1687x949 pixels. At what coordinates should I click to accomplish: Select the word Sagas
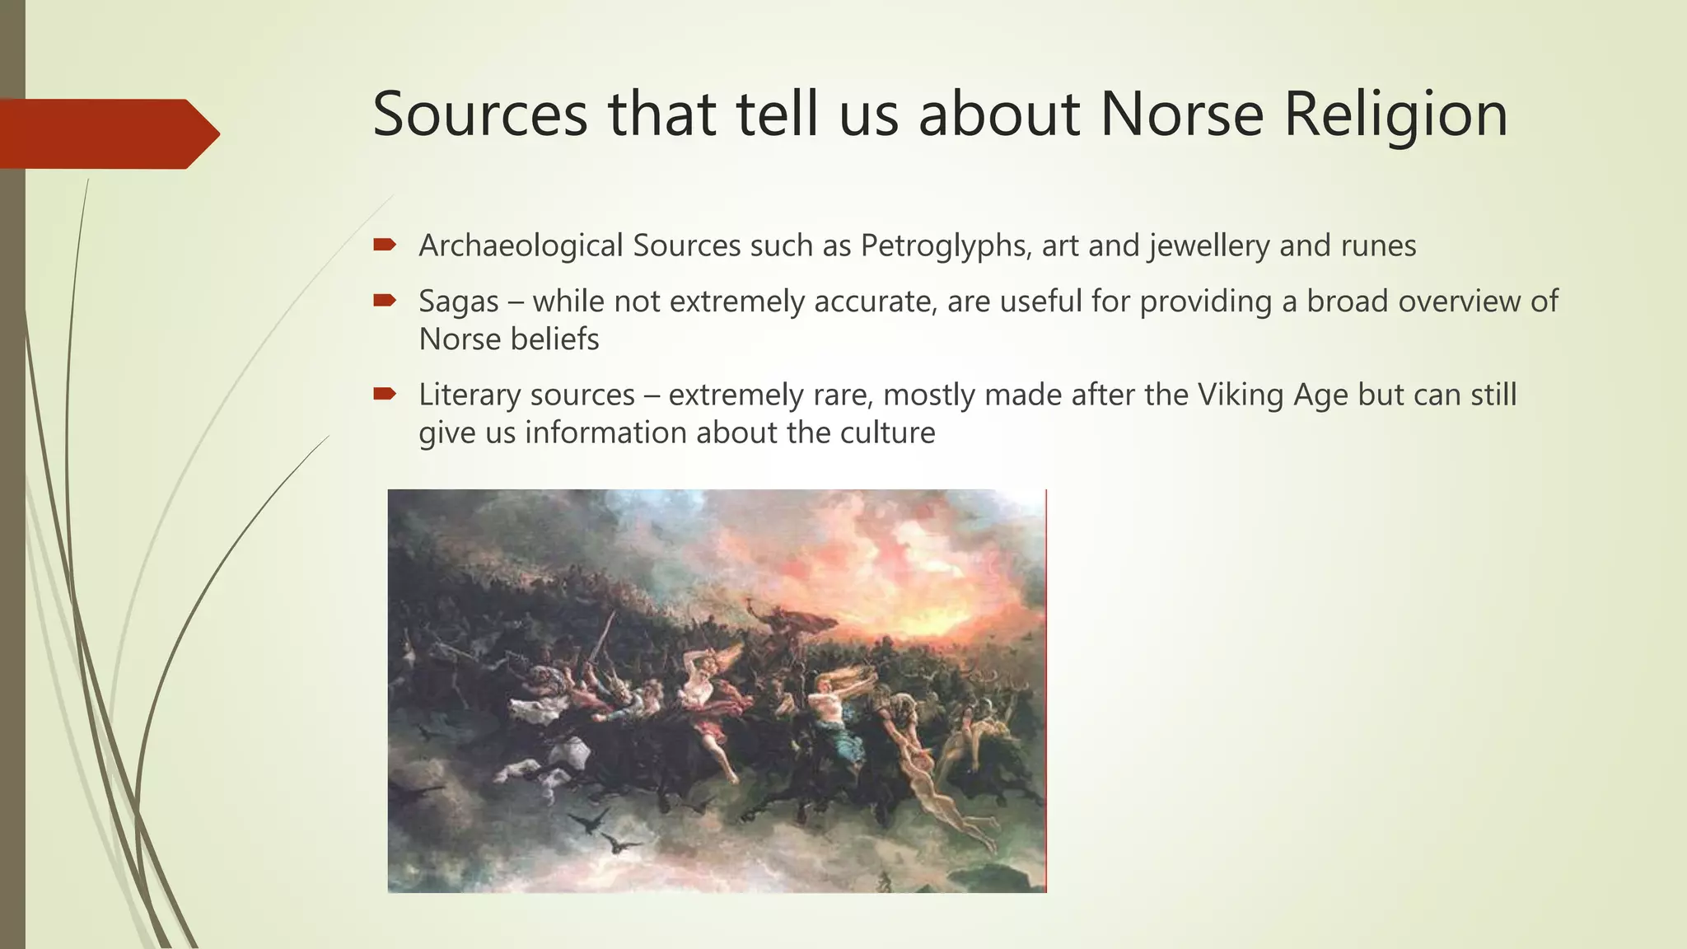[458, 302]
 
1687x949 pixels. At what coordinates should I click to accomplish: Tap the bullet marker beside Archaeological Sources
[385, 245]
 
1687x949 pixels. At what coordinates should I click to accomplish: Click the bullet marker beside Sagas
[385, 301]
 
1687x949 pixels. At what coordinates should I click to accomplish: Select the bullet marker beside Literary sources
[385, 395]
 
